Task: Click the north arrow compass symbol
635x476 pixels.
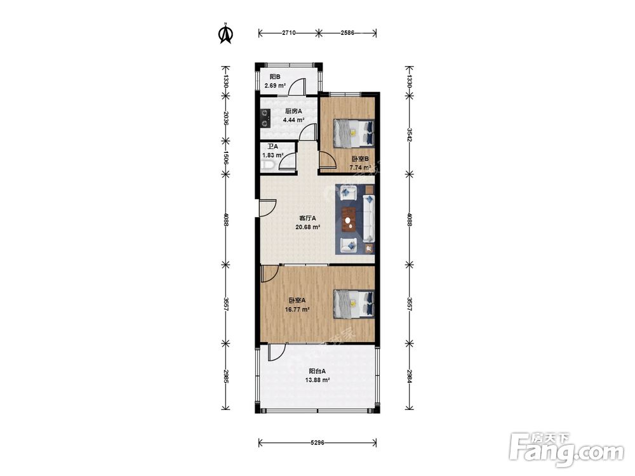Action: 226,34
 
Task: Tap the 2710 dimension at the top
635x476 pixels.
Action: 289,33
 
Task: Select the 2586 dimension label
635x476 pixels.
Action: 347,33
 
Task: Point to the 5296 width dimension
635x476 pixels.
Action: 317,442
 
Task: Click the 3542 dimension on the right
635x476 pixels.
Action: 410,135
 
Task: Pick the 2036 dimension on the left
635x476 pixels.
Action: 226,118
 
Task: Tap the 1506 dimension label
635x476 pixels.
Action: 226,157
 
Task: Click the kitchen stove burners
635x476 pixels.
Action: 265,118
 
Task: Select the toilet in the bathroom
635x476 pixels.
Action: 268,164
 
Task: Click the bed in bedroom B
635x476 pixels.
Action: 353,133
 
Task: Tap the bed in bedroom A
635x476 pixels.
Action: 353,303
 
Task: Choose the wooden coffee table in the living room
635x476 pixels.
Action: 349,218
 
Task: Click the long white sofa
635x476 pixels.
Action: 368,218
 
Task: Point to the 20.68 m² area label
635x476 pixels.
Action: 308,227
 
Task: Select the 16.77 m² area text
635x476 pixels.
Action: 297,310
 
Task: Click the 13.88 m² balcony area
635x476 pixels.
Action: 317,380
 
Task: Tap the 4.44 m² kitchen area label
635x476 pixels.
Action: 293,120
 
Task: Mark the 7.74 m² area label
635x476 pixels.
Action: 360,168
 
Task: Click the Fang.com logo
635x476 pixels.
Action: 566,449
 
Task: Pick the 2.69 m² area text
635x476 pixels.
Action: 275,86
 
